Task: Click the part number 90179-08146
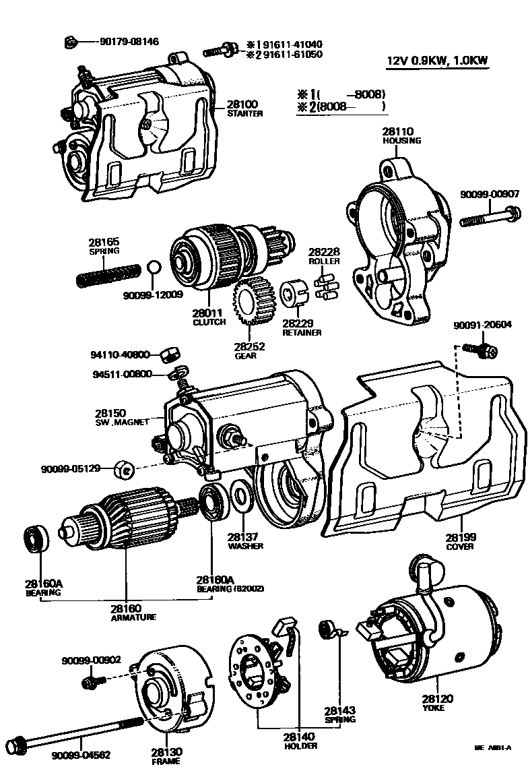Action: click(129, 42)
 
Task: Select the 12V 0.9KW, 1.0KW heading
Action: click(437, 61)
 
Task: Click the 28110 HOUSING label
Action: click(402, 135)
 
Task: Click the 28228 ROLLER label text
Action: click(325, 255)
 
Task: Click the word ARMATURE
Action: click(134, 617)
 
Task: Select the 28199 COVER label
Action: click(460, 541)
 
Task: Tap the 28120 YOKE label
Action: click(433, 703)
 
